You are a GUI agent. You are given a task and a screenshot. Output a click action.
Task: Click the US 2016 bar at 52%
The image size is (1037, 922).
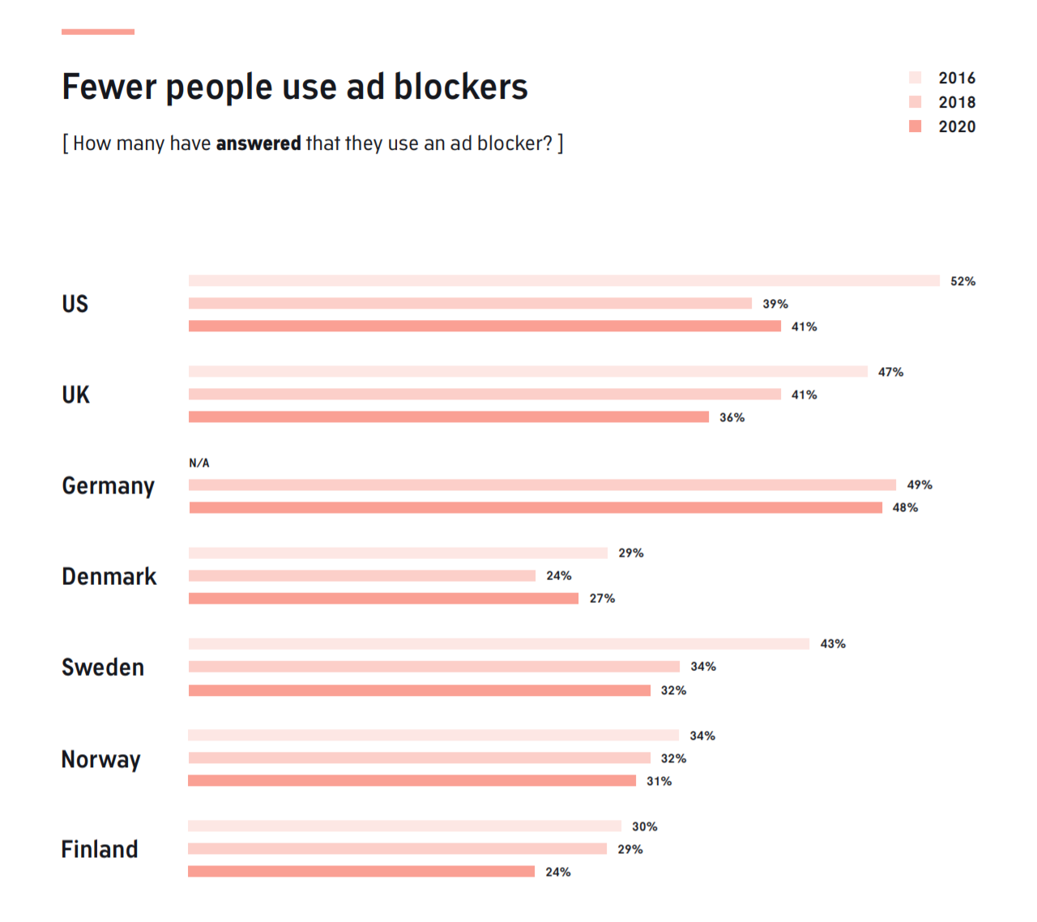point(564,280)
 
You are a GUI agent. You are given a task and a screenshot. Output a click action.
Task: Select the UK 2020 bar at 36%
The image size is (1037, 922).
point(448,416)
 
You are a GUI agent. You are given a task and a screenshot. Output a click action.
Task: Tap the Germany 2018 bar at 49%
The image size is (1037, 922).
point(542,484)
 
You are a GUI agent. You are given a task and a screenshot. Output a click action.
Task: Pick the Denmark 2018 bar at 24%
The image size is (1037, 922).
point(361,575)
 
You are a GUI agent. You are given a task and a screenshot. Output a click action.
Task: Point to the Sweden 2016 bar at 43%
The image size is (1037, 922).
point(498,643)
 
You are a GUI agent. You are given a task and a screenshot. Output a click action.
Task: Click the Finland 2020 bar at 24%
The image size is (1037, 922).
point(361,871)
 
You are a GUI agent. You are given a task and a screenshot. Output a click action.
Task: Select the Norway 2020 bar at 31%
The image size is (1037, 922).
point(412,780)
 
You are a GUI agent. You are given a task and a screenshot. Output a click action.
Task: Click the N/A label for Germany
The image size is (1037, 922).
point(198,463)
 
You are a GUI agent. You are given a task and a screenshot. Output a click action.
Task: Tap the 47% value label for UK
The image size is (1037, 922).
point(890,372)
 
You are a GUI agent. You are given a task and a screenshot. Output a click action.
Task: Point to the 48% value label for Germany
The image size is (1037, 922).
point(905,507)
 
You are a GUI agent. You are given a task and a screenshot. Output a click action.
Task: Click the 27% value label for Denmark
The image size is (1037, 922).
point(602,598)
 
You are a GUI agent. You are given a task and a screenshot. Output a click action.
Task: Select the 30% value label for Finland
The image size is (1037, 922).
point(644,826)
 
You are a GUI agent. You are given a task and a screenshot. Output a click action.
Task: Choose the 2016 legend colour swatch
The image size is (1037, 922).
point(915,78)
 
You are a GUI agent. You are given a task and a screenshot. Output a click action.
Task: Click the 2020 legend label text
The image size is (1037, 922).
point(957,126)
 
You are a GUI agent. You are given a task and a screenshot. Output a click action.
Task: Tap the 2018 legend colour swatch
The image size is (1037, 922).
point(915,102)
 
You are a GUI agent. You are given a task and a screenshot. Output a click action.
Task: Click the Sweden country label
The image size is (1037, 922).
point(103,667)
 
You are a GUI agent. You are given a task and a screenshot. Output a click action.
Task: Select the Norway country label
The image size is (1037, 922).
point(100,759)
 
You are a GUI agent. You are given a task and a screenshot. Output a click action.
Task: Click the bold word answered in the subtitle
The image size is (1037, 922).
point(258,143)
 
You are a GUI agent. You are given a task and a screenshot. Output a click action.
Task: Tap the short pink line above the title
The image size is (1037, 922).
point(97,32)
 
